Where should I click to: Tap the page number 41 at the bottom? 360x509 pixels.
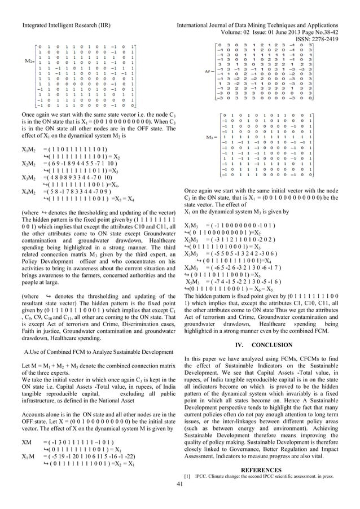tap(179, 499)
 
